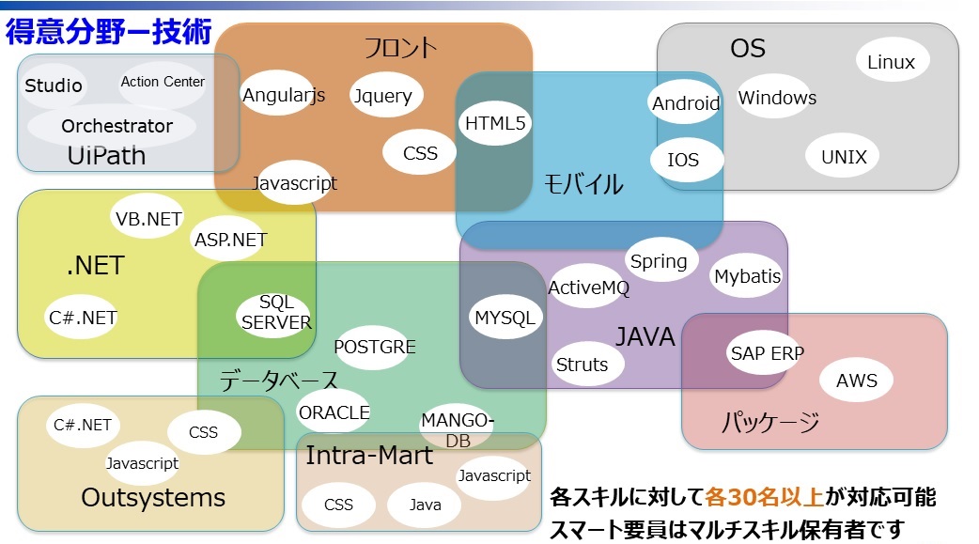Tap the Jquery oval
[382, 96]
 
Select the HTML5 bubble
[496, 123]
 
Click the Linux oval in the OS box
[891, 63]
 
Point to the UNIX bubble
[844, 157]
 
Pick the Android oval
[686, 103]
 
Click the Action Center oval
[163, 82]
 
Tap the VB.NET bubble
[148, 219]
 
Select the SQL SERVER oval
[276, 312]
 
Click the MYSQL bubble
[505, 318]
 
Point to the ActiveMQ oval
[588, 288]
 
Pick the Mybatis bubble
[747, 276]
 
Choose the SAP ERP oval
[767, 353]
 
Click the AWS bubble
[856, 381]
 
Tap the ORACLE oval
[334, 412]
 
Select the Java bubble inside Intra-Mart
[426, 505]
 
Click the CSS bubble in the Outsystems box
[203, 432]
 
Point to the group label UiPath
[106, 156]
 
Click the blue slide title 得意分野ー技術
[108, 31]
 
